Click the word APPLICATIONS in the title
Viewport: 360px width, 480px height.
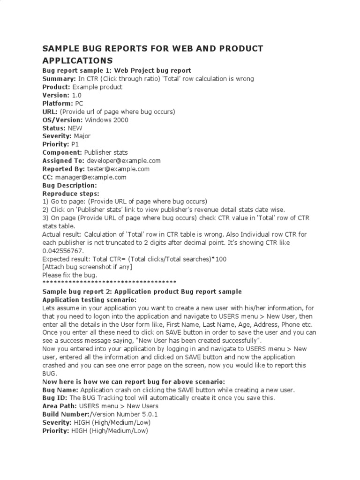[77, 60]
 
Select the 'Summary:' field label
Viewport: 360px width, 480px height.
[59, 79]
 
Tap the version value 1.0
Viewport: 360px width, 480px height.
[76, 95]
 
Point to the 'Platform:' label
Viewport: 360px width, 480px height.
[57, 103]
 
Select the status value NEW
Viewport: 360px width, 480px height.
[75, 128]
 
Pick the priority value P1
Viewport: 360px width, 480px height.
[75, 144]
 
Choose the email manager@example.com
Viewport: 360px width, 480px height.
[90, 177]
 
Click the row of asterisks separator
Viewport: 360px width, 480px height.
[109, 283]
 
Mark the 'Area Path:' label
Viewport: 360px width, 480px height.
[60, 406]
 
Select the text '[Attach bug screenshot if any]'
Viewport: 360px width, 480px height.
[87, 267]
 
